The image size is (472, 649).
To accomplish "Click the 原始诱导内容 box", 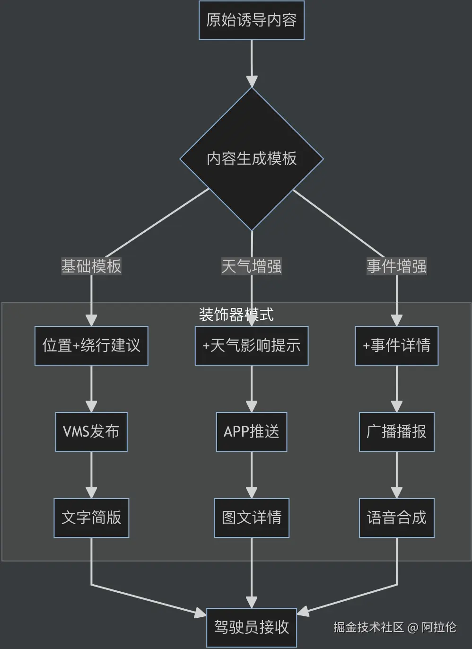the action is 252,20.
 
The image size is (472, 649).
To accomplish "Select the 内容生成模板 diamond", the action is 252,159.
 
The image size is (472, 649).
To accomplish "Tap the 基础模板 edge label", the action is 91,266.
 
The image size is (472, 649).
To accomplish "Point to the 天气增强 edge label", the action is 252,266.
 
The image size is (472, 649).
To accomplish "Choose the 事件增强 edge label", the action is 397,266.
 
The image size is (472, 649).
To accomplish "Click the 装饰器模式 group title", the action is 236,315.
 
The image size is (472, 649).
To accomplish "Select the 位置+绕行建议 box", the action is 91,346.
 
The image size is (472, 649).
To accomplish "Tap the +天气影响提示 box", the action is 252,346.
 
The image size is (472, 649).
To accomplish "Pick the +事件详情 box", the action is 397,346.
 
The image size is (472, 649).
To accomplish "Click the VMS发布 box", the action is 91,432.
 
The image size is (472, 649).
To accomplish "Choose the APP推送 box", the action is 252,432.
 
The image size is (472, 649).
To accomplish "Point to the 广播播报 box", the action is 397,432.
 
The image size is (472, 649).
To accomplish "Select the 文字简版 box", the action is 91,518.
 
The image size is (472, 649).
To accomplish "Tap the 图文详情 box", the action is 252,518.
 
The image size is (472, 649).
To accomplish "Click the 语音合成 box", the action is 397,518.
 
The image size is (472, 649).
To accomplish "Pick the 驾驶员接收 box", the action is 252,628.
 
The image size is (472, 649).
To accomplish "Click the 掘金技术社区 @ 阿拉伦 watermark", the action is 395,627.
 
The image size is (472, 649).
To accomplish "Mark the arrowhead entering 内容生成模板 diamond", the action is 252,81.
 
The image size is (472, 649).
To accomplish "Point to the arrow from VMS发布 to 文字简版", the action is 91,475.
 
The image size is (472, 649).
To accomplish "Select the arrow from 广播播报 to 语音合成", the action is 397,475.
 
